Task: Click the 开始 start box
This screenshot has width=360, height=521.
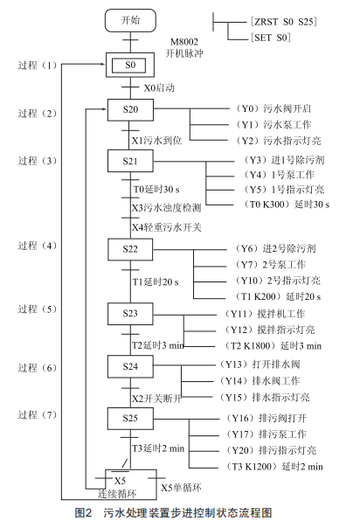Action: click(x=130, y=21)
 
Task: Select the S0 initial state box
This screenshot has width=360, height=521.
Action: click(x=130, y=65)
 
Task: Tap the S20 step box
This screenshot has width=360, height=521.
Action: click(x=130, y=109)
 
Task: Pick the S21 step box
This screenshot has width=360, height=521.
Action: click(x=130, y=161)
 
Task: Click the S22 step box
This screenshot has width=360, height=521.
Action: click(x=130, y=249)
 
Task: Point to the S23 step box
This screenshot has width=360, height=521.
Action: click(x=130, y=314)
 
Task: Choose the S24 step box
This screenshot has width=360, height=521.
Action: click(x=130, y=366)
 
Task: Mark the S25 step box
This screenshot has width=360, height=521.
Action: click(x=130, y=419)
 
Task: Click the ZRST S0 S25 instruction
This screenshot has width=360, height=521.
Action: click(x=284, y=22)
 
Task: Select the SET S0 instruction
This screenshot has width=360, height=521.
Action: click(x=271, y=38)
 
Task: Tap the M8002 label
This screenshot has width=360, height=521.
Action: click(x=184, y=42)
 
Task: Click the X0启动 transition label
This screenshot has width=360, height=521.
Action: click(x=159, y=88)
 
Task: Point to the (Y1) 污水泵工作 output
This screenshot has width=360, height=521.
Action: click(x=273, y=125)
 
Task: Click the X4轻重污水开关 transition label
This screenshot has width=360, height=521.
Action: click(x=167, y=227)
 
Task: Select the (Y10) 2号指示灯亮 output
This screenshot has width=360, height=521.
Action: click(x=278, y=281)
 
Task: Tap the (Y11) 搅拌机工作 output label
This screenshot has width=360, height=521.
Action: click(x=265, y=314)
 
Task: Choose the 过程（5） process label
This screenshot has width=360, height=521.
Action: click(x=38, y=309)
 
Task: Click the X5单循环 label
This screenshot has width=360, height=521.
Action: click(x=181, y=488)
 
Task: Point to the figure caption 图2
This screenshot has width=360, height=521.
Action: click(x=83, y=512)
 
